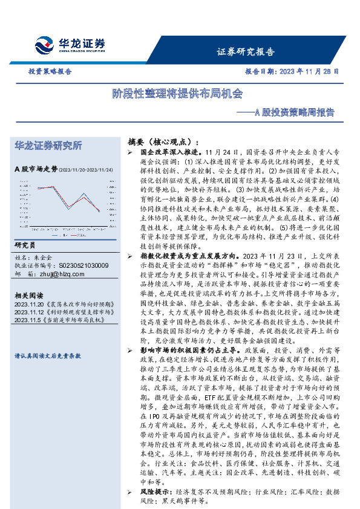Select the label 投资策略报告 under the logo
(x=50, y=71)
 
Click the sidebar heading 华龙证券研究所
(x=48, y=146)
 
